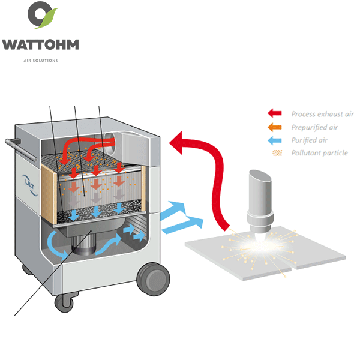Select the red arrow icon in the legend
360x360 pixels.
(275, 113)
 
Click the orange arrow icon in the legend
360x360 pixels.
(275, 127)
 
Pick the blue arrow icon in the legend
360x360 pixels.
(275, 140)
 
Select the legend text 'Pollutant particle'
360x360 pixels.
(319, 153)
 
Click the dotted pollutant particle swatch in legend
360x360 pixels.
(276, 153)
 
